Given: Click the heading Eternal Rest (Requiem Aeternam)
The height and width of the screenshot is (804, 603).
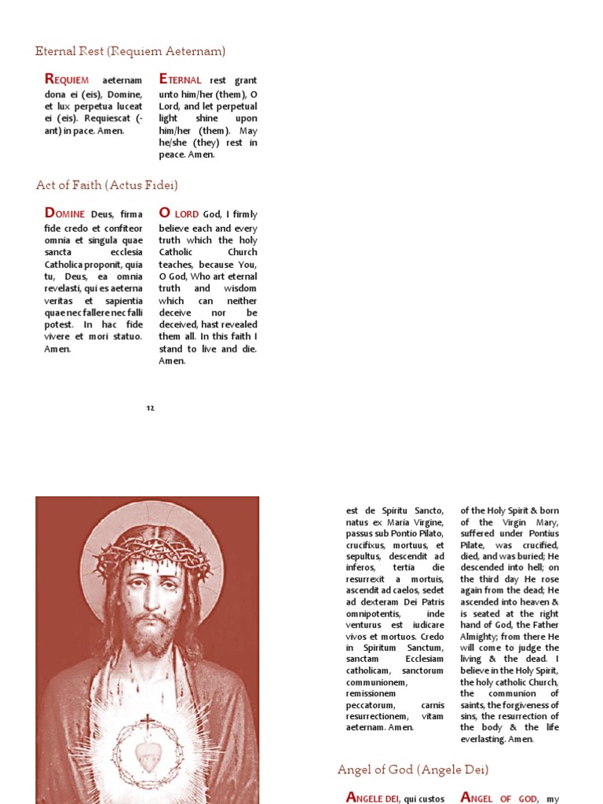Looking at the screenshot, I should [x=130, y=51].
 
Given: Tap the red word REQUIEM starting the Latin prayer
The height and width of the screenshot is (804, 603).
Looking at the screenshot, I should [x=68, y=79].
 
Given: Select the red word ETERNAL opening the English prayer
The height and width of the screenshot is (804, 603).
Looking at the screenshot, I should [x=181, y=79].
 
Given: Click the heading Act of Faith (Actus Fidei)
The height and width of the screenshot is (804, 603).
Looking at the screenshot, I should [x=107, y=185].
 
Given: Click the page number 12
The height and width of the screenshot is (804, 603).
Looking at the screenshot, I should [x=150, y=408].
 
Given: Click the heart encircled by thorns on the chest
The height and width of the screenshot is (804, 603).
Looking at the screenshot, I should [x=147, y=754].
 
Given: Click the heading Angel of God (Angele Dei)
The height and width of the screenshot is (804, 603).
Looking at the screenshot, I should [x=413, y=769].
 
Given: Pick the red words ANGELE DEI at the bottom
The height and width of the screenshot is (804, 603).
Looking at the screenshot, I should [x=373, y=798].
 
